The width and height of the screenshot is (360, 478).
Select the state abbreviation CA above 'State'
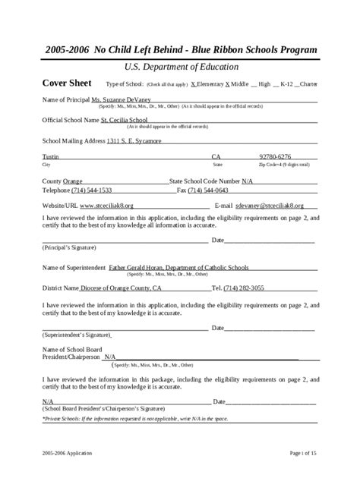coord(216,157)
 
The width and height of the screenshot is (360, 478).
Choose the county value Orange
coord(72,181)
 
